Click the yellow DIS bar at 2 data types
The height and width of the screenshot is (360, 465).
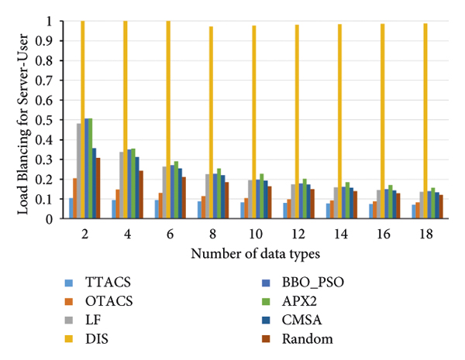[x=83, y=120]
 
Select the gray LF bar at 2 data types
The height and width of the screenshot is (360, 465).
[x=78, y=171]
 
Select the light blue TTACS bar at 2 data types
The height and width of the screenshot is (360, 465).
[x=71, y=208]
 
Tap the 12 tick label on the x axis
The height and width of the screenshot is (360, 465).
[x=296, y=233]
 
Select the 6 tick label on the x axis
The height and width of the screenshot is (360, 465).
[x=168, y=233]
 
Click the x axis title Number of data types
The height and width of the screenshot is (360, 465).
[x=253, y=252]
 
